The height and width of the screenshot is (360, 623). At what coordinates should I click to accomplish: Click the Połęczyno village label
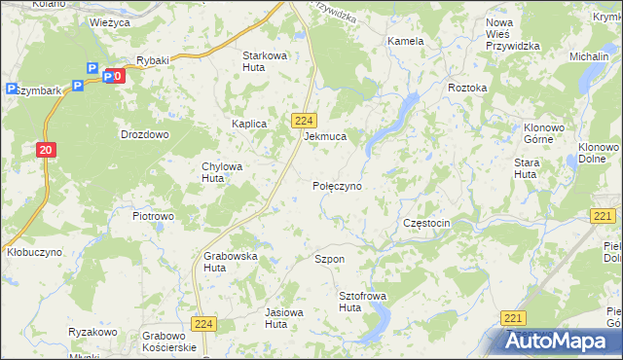coord(337,185)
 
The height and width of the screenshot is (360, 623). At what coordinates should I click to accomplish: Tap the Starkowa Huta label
coord(265,61)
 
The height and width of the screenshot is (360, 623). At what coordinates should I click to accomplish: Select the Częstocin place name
coord(426,223)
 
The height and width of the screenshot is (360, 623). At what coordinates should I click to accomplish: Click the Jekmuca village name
coord(325,137)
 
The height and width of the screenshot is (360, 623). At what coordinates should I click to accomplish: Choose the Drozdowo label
coord(144,134)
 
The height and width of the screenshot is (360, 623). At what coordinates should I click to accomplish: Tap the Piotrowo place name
coord(153,216)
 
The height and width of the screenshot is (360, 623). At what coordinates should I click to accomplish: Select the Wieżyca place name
coord(109,20)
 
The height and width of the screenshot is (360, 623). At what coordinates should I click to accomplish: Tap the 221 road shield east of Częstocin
coord(603,216)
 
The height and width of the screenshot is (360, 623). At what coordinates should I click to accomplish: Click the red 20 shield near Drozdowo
coord(46,149)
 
